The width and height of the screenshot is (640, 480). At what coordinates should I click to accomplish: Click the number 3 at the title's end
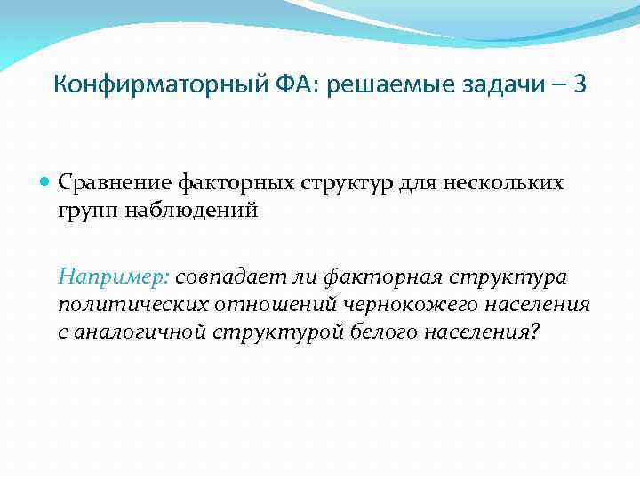pos(580,86)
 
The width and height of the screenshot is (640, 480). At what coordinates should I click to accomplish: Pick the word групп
pos(86,212)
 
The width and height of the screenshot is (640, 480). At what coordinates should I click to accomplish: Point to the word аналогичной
pos(143,333)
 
